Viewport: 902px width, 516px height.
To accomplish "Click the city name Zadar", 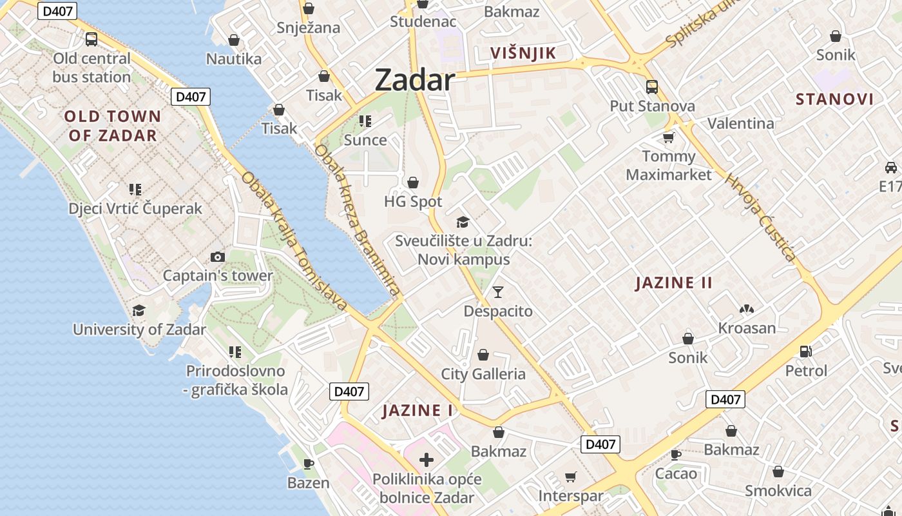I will (415, 80).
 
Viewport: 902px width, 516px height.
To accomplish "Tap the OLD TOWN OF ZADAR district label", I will (113, 126).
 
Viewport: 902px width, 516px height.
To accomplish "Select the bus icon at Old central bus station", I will (91, 39).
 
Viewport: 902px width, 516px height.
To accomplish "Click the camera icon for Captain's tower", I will (218, 257).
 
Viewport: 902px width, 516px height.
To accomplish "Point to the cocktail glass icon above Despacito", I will (497, 292).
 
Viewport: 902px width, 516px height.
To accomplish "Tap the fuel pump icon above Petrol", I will (805, 352).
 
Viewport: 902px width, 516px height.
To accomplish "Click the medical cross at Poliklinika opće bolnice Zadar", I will (427, 460).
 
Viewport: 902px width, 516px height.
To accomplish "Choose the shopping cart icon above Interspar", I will (570, 477).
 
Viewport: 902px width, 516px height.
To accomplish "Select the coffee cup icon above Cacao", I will (676, 455).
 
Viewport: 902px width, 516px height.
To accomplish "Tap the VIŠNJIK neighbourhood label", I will (523, 54).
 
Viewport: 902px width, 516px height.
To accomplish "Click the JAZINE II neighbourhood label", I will (674, 283).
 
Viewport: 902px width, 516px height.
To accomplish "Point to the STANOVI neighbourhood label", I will (834, 99).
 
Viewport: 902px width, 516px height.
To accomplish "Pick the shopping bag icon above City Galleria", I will (483, 355).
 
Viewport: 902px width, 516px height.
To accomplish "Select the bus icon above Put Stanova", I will (652, 86).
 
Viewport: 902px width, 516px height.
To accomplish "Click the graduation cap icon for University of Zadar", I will (139, 311).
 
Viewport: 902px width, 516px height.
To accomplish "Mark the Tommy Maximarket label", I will (669, 166).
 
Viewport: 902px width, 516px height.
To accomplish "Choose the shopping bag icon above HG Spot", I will (413, 183).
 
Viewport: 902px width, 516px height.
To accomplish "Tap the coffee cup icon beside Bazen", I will (309, 463).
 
